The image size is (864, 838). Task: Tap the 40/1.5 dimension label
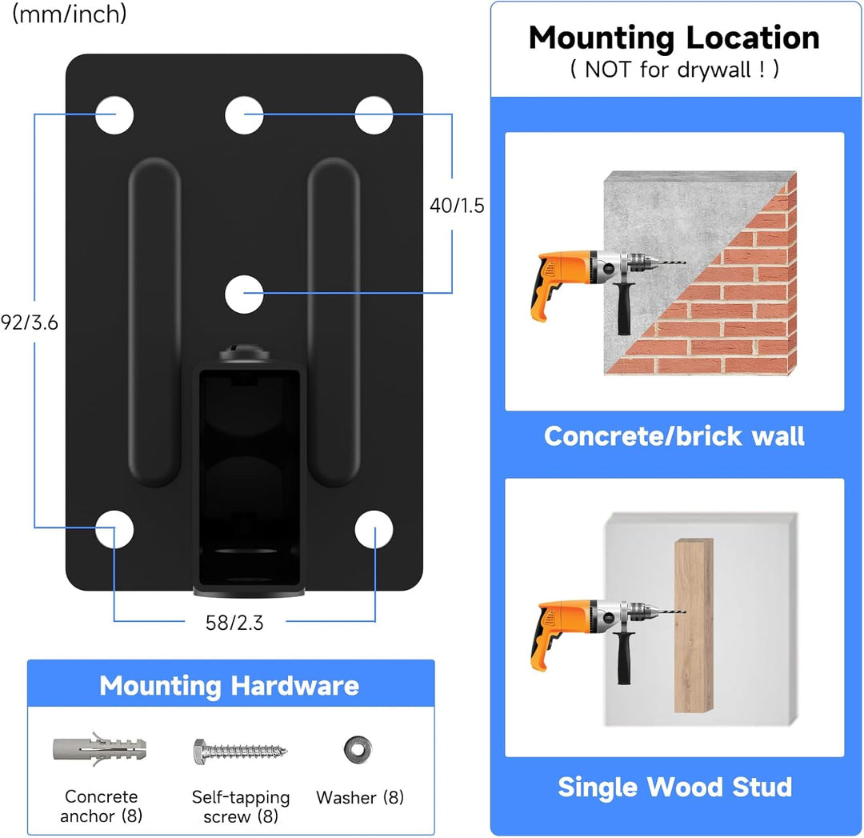click(457, 206)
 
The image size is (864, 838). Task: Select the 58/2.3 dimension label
click(234, 623)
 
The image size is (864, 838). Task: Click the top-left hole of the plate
click(114, 114)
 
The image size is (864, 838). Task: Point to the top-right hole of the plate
click(374, 114)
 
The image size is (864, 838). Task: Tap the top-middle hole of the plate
click(244, 114)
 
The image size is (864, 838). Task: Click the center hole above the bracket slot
click(244, 294)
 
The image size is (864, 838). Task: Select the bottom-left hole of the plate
click(114, 529)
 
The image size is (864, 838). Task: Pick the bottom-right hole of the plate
click(374, 529)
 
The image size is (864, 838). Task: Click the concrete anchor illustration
click(99, 750)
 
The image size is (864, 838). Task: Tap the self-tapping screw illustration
click(239, 751)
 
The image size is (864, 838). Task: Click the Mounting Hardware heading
click(230, 686)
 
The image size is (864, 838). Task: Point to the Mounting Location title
click(674, 38)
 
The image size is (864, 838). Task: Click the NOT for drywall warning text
click(674, 70)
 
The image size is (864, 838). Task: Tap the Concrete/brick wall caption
click(674, 436)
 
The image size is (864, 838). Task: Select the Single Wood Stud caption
click(674, 787)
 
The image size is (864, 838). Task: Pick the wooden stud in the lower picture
click(693, 625)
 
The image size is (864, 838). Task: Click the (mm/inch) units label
click(70, 14)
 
